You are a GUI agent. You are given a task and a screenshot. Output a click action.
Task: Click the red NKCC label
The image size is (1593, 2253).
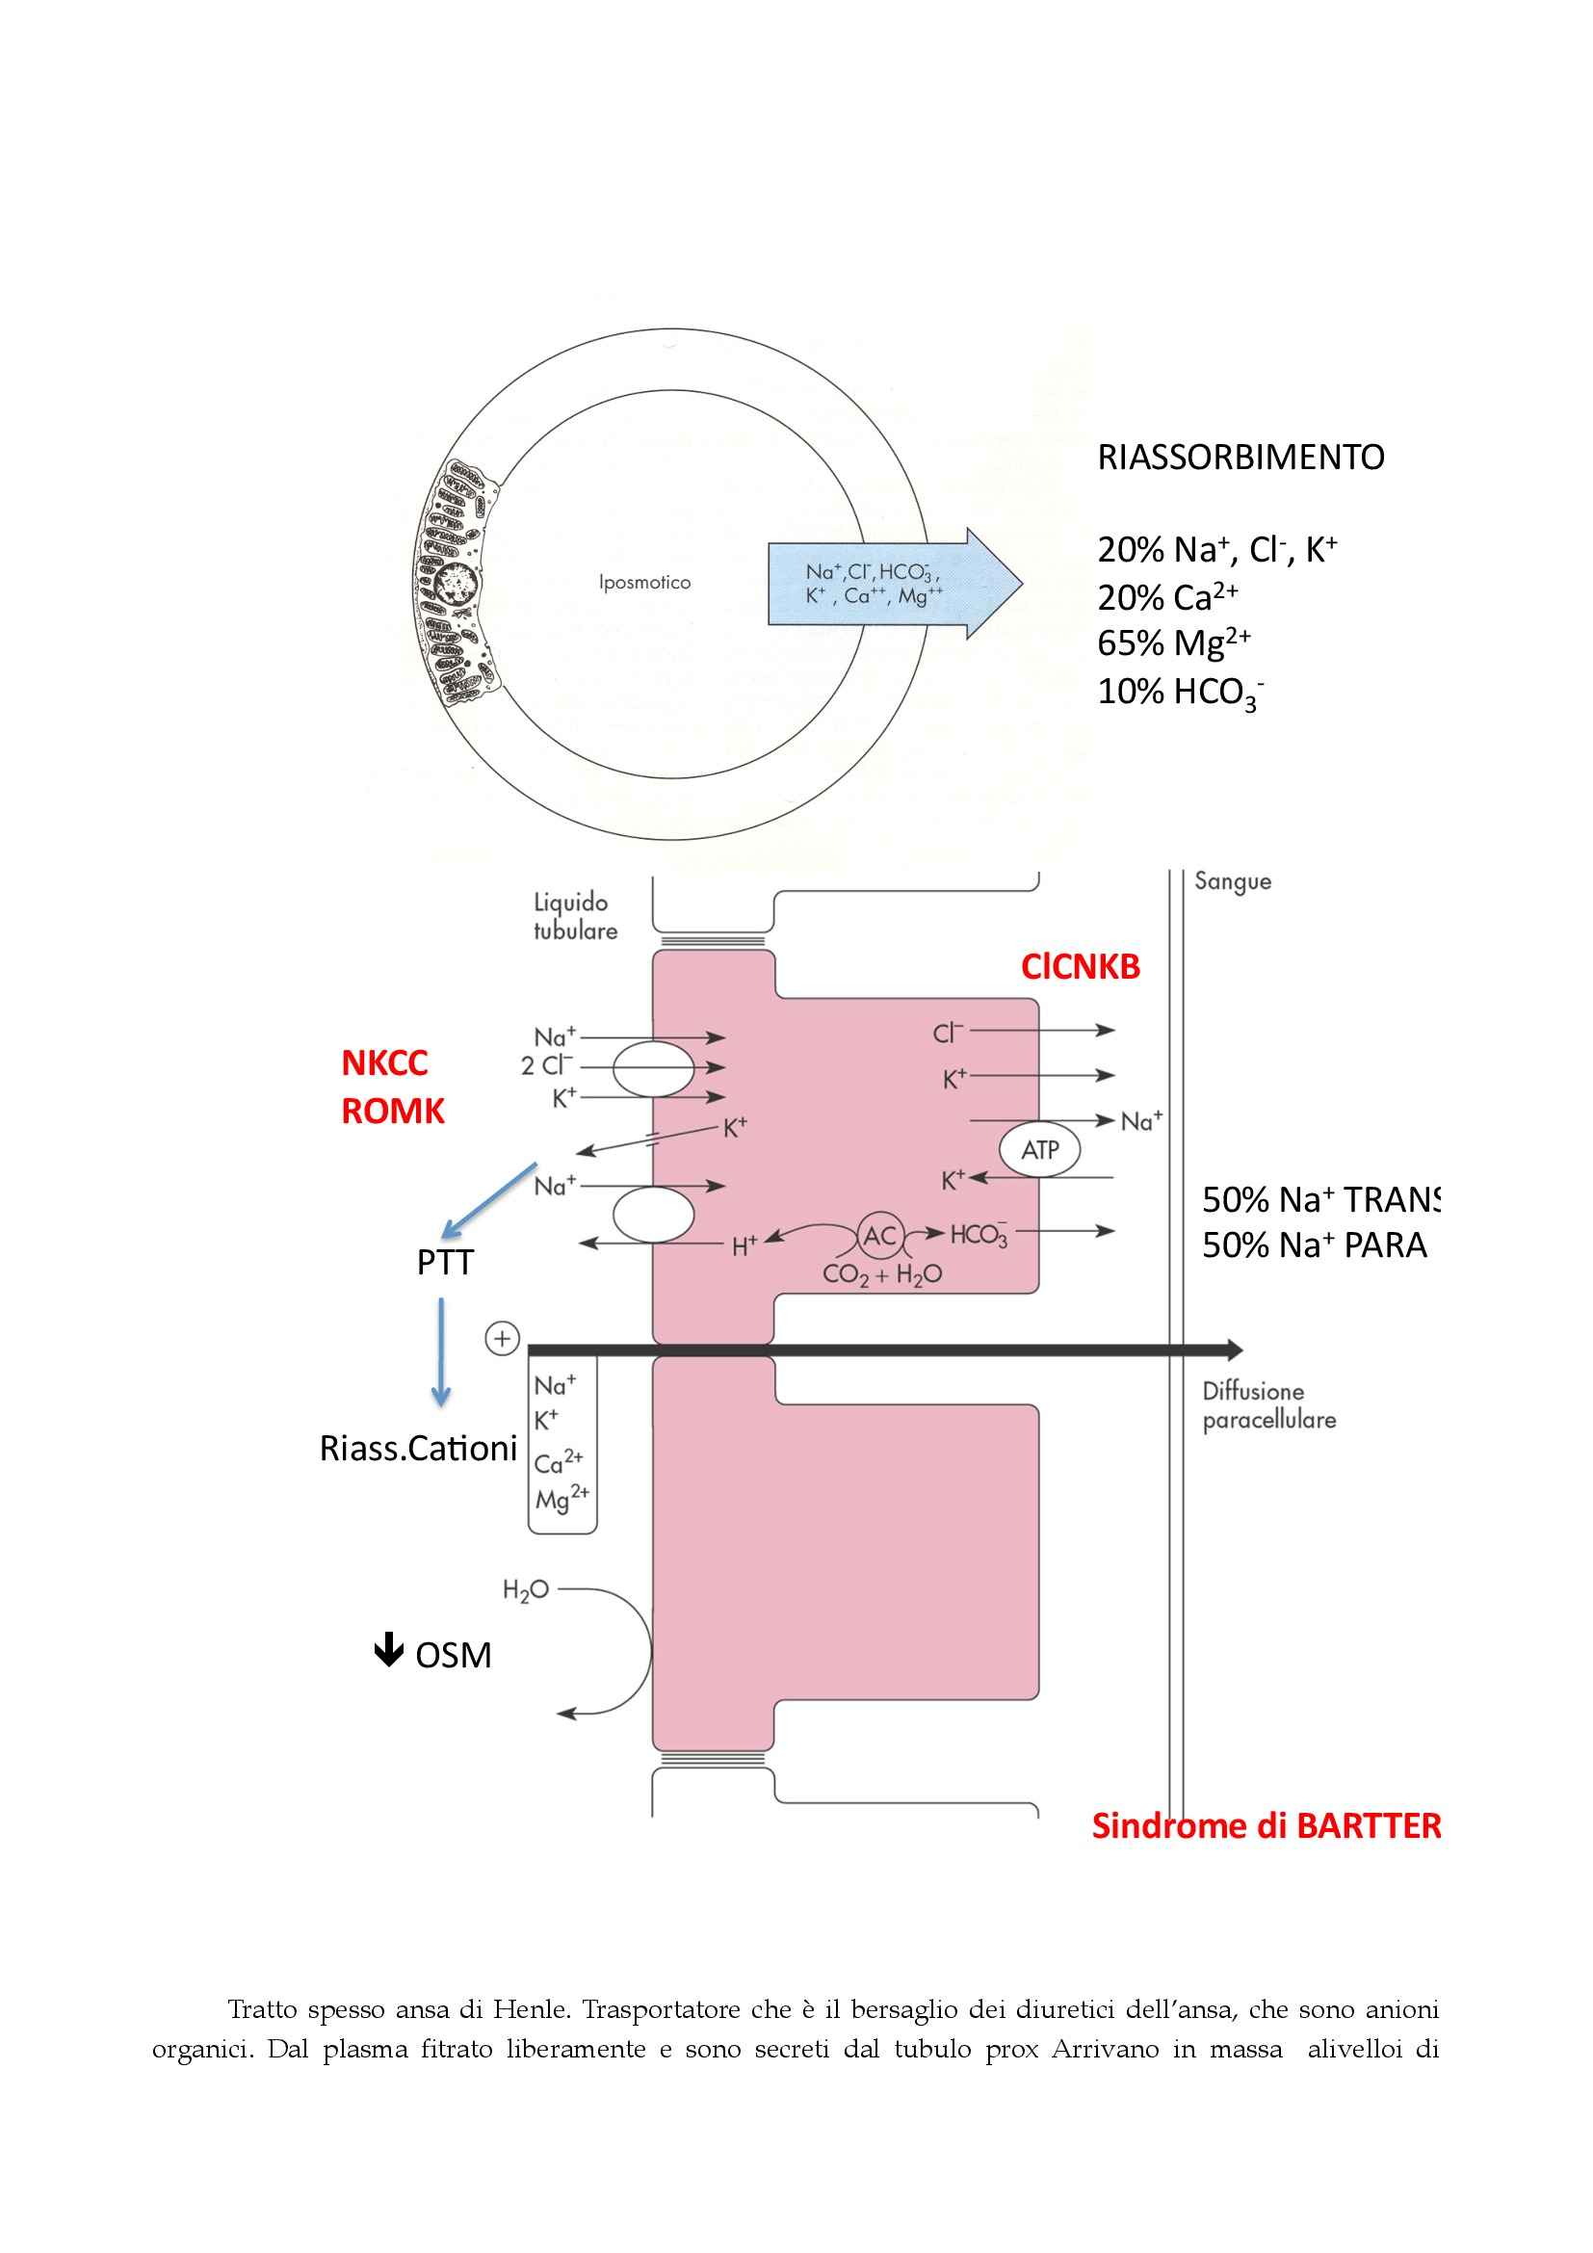[384, 1062]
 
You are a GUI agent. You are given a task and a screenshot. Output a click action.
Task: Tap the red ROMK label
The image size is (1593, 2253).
[392, 1111]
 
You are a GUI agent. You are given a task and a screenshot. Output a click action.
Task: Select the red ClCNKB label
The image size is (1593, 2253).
[1080, 967]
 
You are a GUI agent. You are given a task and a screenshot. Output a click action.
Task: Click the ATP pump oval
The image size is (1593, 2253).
[1040, 1149]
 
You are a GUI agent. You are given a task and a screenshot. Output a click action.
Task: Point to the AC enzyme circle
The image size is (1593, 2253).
[880, 1236]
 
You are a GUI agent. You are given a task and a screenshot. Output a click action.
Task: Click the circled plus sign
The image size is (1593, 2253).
[502, 1339]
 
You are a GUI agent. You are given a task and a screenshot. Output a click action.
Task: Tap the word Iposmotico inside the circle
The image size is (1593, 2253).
[644, 583]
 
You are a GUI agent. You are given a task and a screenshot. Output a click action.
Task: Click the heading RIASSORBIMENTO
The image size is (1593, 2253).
[1240, 458]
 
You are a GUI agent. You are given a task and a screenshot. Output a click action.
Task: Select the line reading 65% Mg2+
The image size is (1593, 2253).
[1173, 642]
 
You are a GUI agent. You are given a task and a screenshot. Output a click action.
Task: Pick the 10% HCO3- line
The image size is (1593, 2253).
[1179, 692]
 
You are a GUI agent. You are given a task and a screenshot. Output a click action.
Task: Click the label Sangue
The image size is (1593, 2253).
[1232, 881]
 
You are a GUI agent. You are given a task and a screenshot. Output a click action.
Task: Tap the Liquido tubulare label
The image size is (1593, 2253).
[575, 916]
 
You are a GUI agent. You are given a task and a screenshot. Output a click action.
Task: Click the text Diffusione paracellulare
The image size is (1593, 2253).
[1268, 1405]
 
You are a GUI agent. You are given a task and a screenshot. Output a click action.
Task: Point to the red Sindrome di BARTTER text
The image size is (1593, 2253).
[1266, 1826]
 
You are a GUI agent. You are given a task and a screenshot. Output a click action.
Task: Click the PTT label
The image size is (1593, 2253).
[444, 1263]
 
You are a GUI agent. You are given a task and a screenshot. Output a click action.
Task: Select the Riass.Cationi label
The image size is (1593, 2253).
[418, 1449]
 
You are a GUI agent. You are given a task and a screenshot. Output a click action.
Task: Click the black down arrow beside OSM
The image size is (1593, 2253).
[388, 1651]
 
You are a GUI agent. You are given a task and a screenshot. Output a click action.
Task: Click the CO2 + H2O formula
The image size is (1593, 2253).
[882, 1274]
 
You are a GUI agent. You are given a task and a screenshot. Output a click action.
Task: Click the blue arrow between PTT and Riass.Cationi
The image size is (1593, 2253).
[440, 1352]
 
